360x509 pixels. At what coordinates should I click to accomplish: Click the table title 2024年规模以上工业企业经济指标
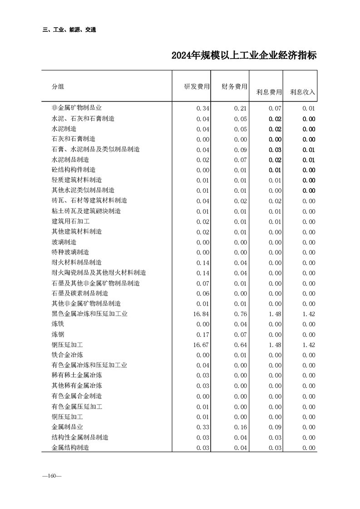(244, 56)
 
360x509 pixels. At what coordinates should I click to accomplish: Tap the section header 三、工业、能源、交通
(69, 30)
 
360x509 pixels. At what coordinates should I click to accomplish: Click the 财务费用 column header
(234, 87)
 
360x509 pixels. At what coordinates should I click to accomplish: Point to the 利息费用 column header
(269, 92)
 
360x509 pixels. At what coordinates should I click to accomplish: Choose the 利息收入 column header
(302, 92)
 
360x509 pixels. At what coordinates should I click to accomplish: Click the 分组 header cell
(58, 87)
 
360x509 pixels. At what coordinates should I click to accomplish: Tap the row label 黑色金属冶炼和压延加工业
(89, 314)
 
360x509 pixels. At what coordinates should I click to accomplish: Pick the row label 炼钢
(58, 334)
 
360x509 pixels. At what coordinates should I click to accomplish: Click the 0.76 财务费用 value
(240, 314)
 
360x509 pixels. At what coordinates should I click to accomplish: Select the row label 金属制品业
(67, 427)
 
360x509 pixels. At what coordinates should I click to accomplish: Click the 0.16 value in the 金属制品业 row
(240, 427)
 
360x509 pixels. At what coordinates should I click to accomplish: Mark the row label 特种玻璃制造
(70, 252)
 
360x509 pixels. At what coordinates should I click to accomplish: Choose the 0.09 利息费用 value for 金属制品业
(275, 427)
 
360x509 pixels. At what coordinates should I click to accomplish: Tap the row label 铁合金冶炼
(67, 355)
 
